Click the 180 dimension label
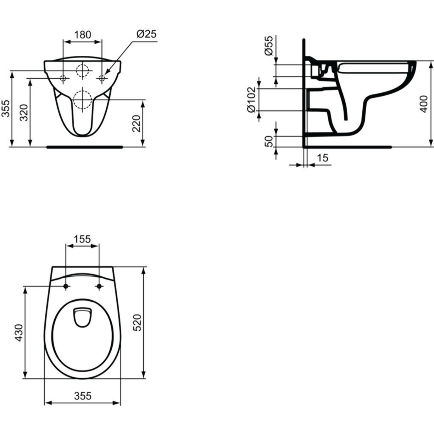(x=82, y=35)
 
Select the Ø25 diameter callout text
(x=146, y=34)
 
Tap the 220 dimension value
(x=136, y=123)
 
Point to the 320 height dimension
(x=24, y=113)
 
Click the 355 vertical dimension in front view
(x=5, y=108)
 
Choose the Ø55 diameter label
(x=269, y=46)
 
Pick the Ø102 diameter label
(x=251, y=100)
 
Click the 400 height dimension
(x=424, y=104)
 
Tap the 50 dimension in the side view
(x=269, y=141)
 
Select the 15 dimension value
(x=322, y=158)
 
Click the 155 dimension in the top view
(x=82, y=239)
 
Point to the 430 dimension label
(x=19, y=332)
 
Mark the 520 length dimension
(x=137, y=322)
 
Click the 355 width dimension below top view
(x=83, y=396)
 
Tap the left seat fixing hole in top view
(x=66, y=286)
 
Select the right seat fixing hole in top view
(x=99, y=286)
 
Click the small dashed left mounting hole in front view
(x=63, y=78)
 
